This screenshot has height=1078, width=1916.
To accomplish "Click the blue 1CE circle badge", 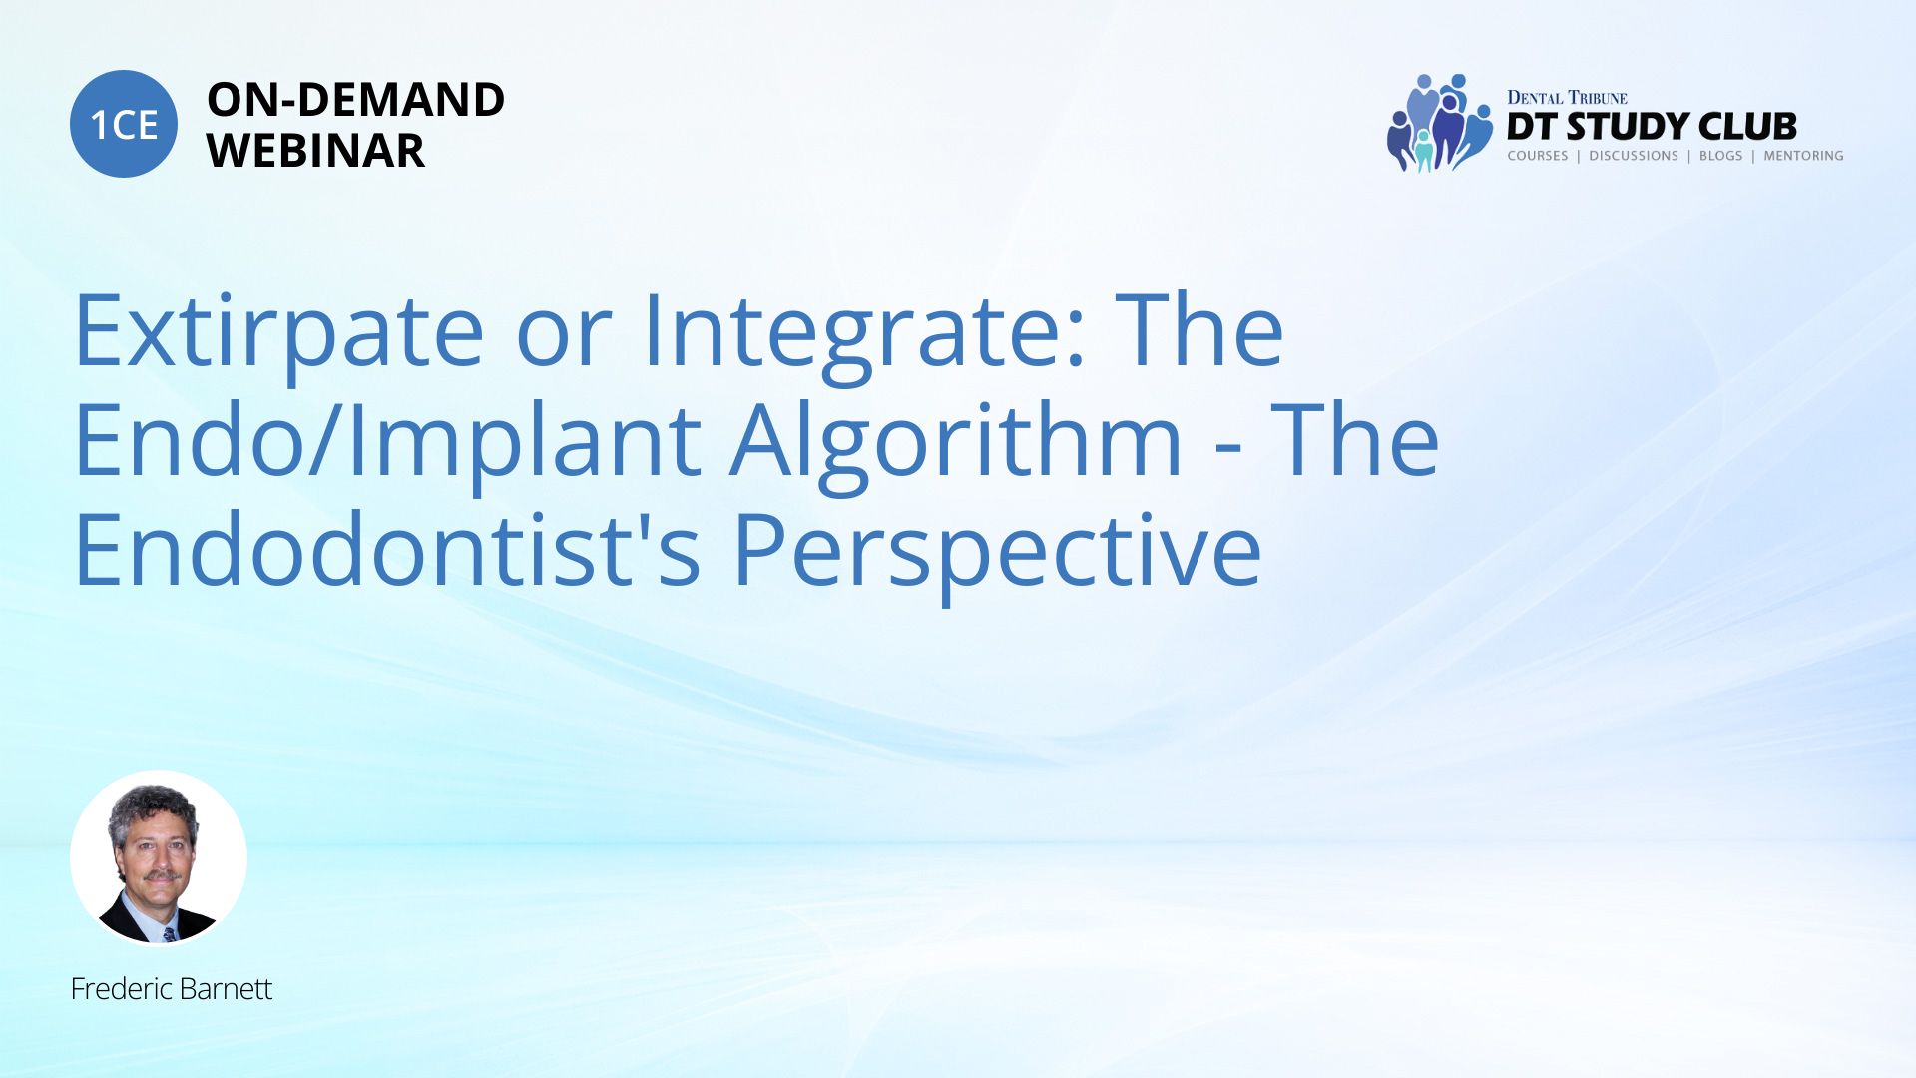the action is [124, 124].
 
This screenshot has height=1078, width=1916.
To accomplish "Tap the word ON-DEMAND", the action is [355, 100].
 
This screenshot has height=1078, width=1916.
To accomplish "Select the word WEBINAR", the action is [315, 151].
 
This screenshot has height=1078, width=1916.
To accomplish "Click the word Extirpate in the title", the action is [279, 331].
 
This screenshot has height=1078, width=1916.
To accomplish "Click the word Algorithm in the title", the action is [957, 441].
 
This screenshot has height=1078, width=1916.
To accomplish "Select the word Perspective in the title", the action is [998, 551].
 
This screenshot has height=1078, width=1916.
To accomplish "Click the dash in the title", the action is [1228, 455].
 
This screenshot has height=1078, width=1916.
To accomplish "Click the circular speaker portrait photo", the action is [159, 857].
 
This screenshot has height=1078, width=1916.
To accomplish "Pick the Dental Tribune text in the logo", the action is [1567, 97].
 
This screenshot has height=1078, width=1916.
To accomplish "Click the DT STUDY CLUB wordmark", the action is [1652, 127].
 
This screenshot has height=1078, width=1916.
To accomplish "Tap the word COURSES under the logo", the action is [1537, 156].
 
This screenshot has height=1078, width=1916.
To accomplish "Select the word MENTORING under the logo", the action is [1803, 156].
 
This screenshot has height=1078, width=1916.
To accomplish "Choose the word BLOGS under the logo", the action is [1720, 156].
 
